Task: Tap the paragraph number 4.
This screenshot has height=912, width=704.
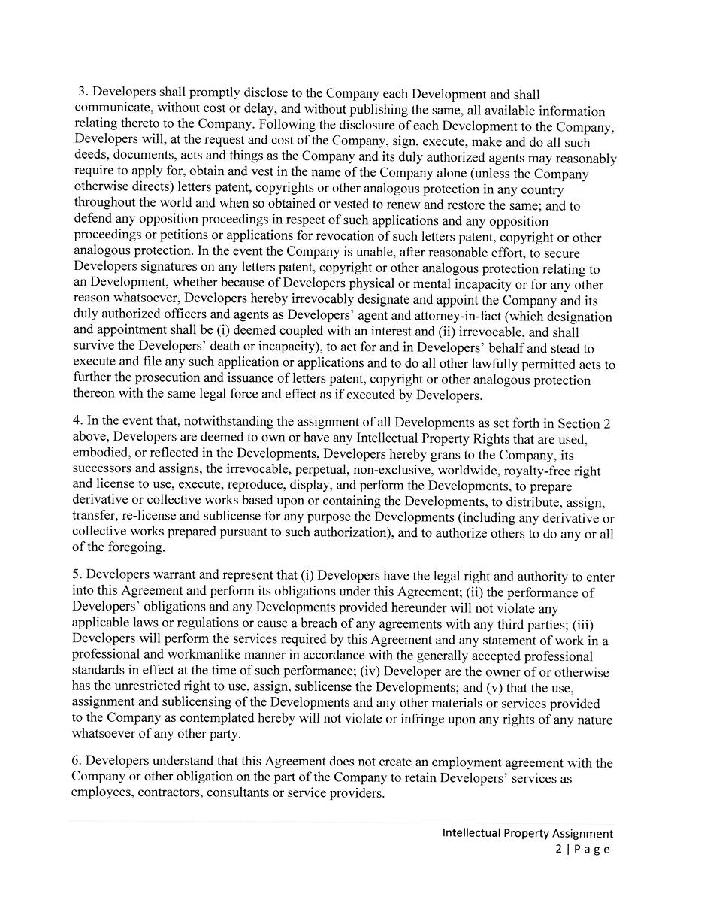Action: [77, 422]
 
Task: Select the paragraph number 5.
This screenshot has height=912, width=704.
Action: [76, 577]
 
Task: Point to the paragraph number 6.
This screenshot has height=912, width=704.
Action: [76, 762]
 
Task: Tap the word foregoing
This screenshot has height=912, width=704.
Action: [127, 547]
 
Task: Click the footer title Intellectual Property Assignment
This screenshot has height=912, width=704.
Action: [527, 833]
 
